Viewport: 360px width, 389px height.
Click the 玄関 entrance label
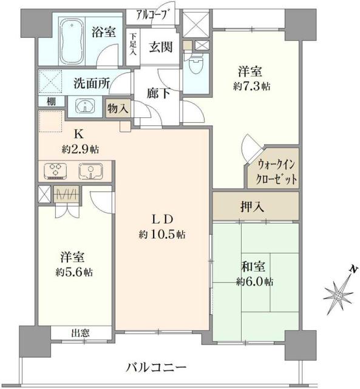click(x=160, y=47)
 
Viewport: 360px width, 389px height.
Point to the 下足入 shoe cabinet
click(x=132, y=45)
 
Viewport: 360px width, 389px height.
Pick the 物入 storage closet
click(x=117, y=108)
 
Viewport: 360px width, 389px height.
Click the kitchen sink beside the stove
click(x=90, y=171)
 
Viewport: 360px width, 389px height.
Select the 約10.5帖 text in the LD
click(x=161, y=234)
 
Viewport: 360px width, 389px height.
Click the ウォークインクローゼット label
click(x=276, y=173)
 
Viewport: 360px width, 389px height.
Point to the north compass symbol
click(x=339, y=294)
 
